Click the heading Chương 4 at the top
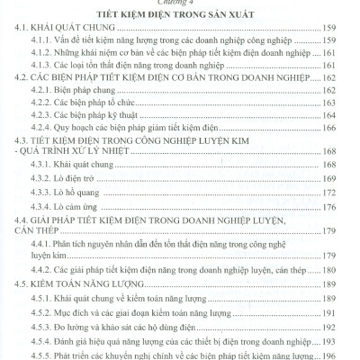[179, 4]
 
